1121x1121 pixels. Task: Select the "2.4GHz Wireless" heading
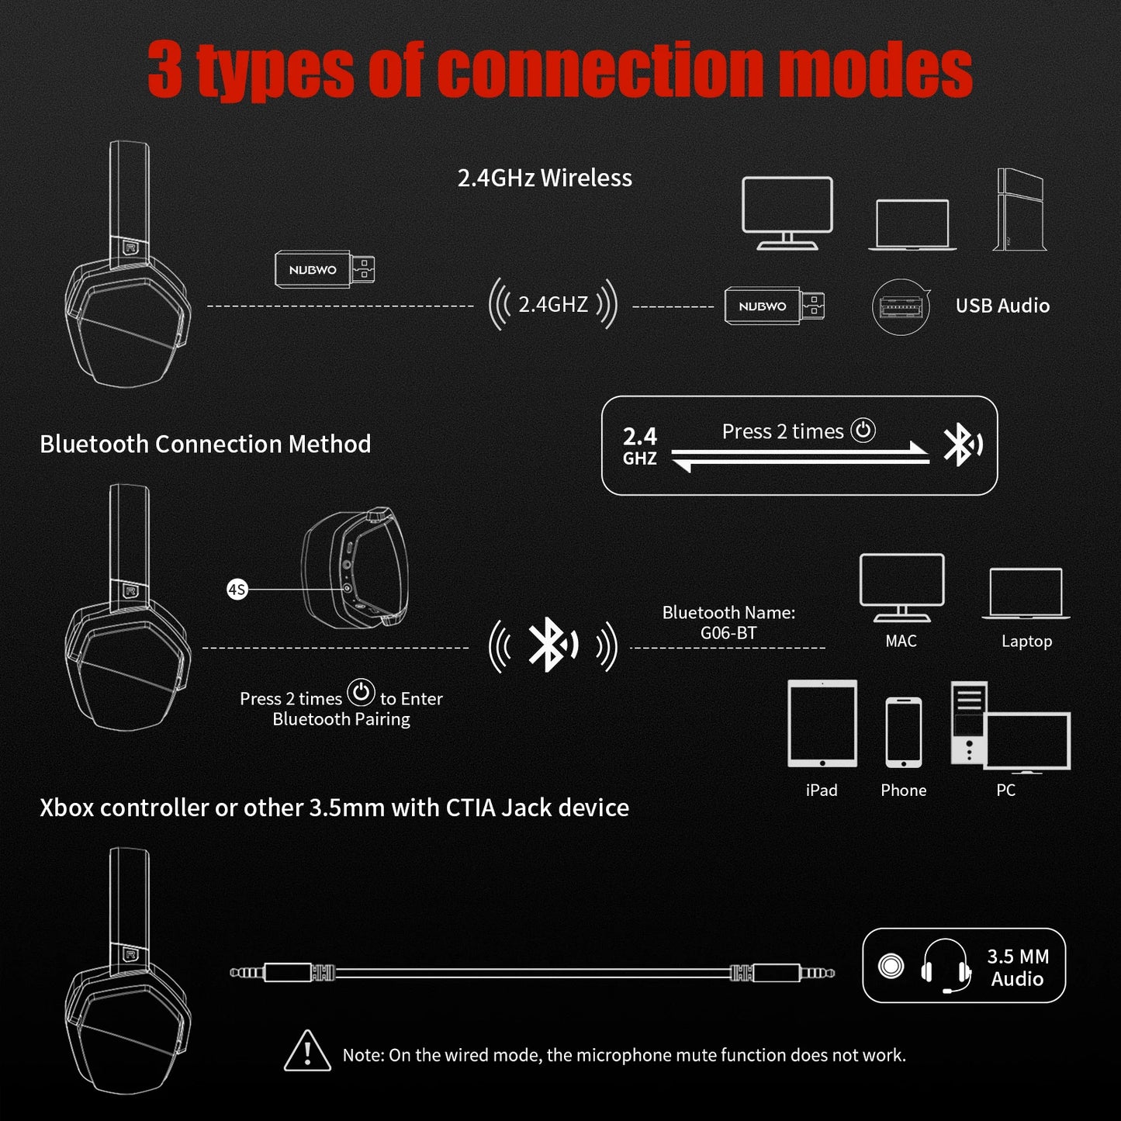545,178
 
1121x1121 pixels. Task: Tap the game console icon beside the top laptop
1019,209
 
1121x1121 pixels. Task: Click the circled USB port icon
901,307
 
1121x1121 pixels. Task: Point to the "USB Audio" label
1002,306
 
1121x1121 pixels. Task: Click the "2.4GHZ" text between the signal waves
553,304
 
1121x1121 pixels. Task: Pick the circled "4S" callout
237,590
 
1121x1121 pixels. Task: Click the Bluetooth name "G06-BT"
728,633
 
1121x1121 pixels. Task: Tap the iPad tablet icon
822,724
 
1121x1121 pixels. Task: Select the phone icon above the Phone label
904,732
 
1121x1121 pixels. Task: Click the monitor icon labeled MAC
901,587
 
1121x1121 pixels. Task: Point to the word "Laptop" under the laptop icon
1026,642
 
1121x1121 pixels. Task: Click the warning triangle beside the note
307,1052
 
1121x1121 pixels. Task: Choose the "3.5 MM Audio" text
1017,967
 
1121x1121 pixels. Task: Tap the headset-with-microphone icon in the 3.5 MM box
946,966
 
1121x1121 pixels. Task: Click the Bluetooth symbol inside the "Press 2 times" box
962,445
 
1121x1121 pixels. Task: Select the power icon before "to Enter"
361,693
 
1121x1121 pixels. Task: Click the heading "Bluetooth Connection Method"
205,444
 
